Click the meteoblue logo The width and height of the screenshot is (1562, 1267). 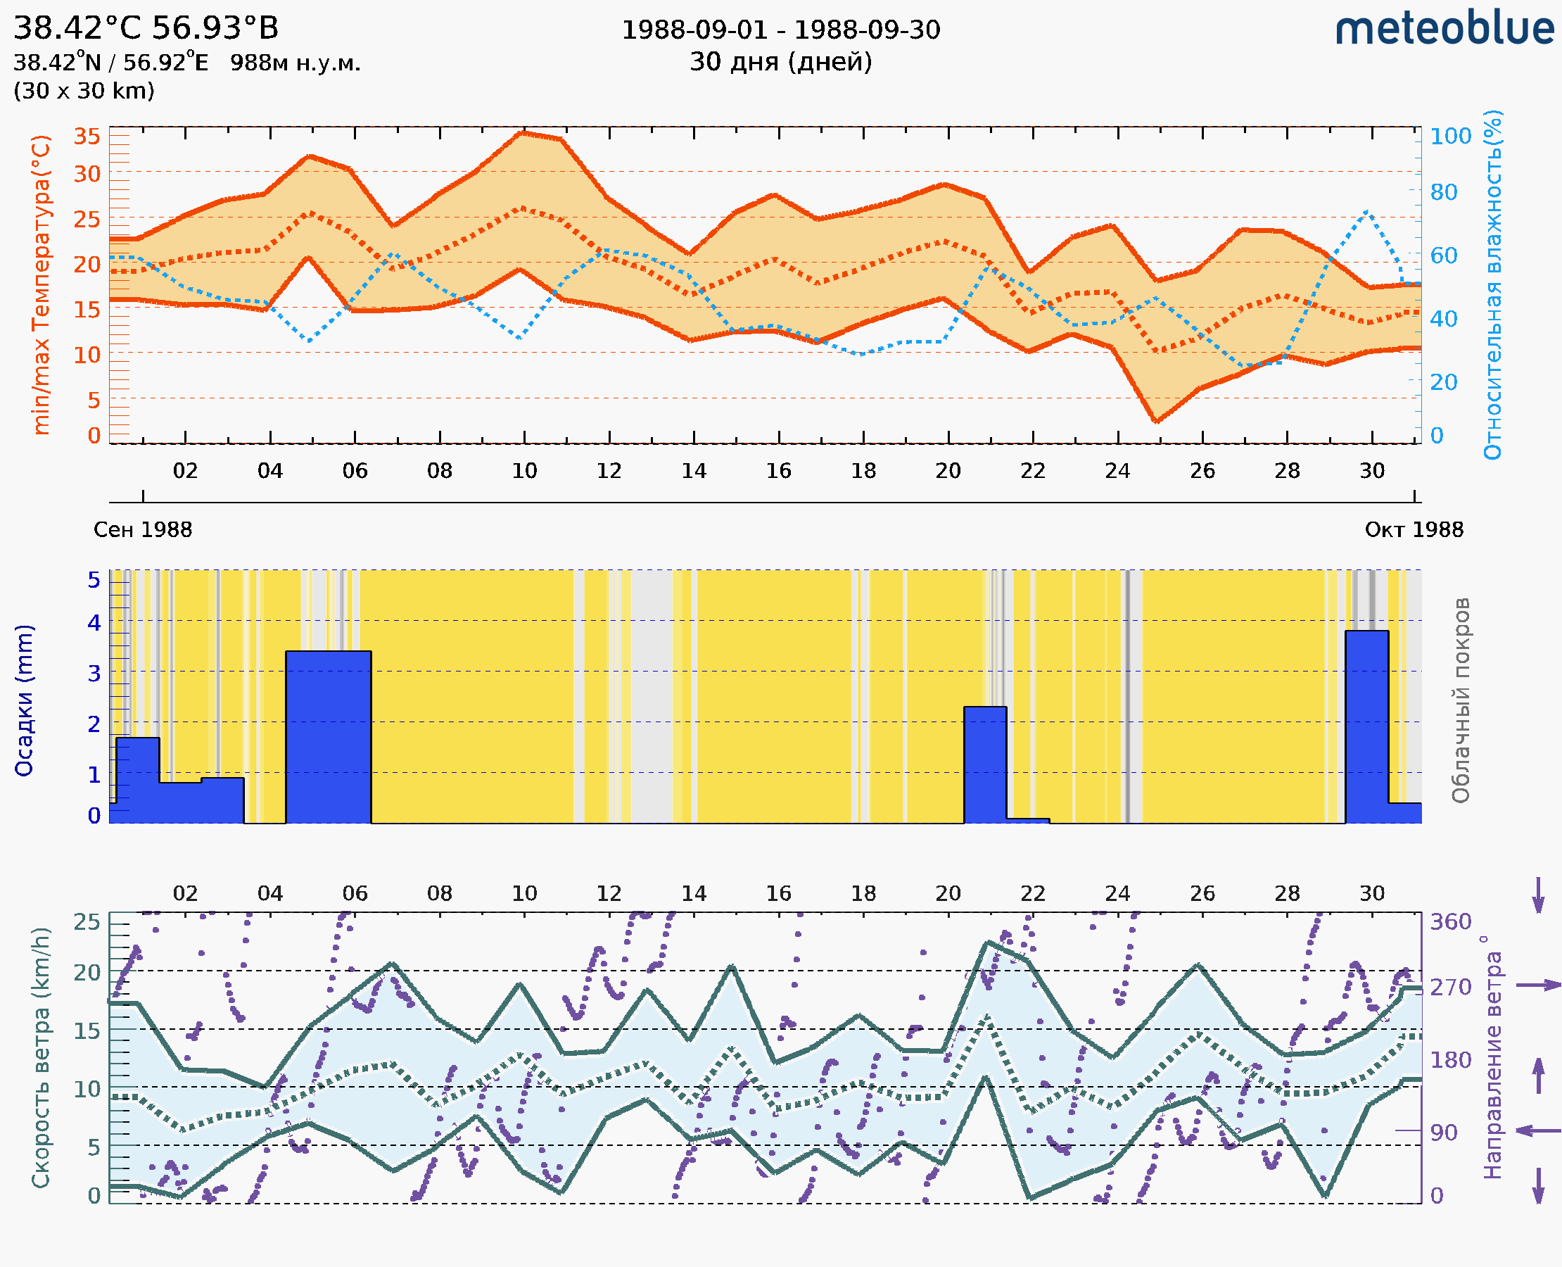[1444, 29]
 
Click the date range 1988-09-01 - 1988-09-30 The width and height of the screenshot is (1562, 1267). [780, 30]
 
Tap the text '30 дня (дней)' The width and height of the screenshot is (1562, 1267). [780, 62]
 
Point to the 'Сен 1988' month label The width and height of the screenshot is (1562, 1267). [143, 530]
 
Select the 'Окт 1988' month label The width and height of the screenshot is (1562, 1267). [1414, 530]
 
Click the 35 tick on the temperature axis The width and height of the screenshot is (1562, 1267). [87, 137]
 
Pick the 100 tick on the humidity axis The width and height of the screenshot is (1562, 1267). [1450, 137]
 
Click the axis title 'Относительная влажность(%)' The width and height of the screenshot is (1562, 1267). [1492, 284]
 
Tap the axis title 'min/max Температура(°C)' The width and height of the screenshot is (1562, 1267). [41, 284]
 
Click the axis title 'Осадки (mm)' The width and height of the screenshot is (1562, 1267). [24, 700]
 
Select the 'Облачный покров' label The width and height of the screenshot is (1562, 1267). [1460, 700]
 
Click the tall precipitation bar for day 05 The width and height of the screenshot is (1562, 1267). [329, 737]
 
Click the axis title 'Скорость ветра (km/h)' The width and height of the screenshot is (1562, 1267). [41, 1057]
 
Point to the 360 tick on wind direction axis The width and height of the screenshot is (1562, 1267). [1450, 922]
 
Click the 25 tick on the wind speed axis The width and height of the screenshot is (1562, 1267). [87, 922]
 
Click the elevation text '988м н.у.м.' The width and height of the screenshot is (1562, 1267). [296, 63]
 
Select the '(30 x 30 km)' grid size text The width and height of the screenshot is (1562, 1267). [84, 92]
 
